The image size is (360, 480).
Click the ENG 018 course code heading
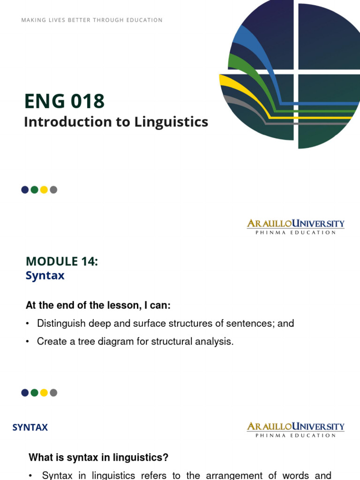click(64, 101)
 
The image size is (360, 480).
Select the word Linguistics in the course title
click(172, 122)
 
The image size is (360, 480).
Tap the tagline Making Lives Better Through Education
click(92, 20)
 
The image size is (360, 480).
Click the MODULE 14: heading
click(62, 262)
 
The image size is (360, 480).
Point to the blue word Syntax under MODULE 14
click(45, 276)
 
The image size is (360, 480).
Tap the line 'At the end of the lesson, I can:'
click(98, 306)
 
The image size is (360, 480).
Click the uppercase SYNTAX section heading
click(30, 427)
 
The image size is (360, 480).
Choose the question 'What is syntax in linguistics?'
click(98, 457)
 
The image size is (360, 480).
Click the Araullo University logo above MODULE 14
click(296, 226)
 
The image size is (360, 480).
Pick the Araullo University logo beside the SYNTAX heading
click(296, 429)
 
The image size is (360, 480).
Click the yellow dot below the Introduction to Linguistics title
click(44, 190)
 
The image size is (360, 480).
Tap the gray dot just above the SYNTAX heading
click(53, 393)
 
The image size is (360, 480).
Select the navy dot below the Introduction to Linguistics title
click(25, 190)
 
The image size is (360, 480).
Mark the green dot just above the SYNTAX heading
click(34, 393)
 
